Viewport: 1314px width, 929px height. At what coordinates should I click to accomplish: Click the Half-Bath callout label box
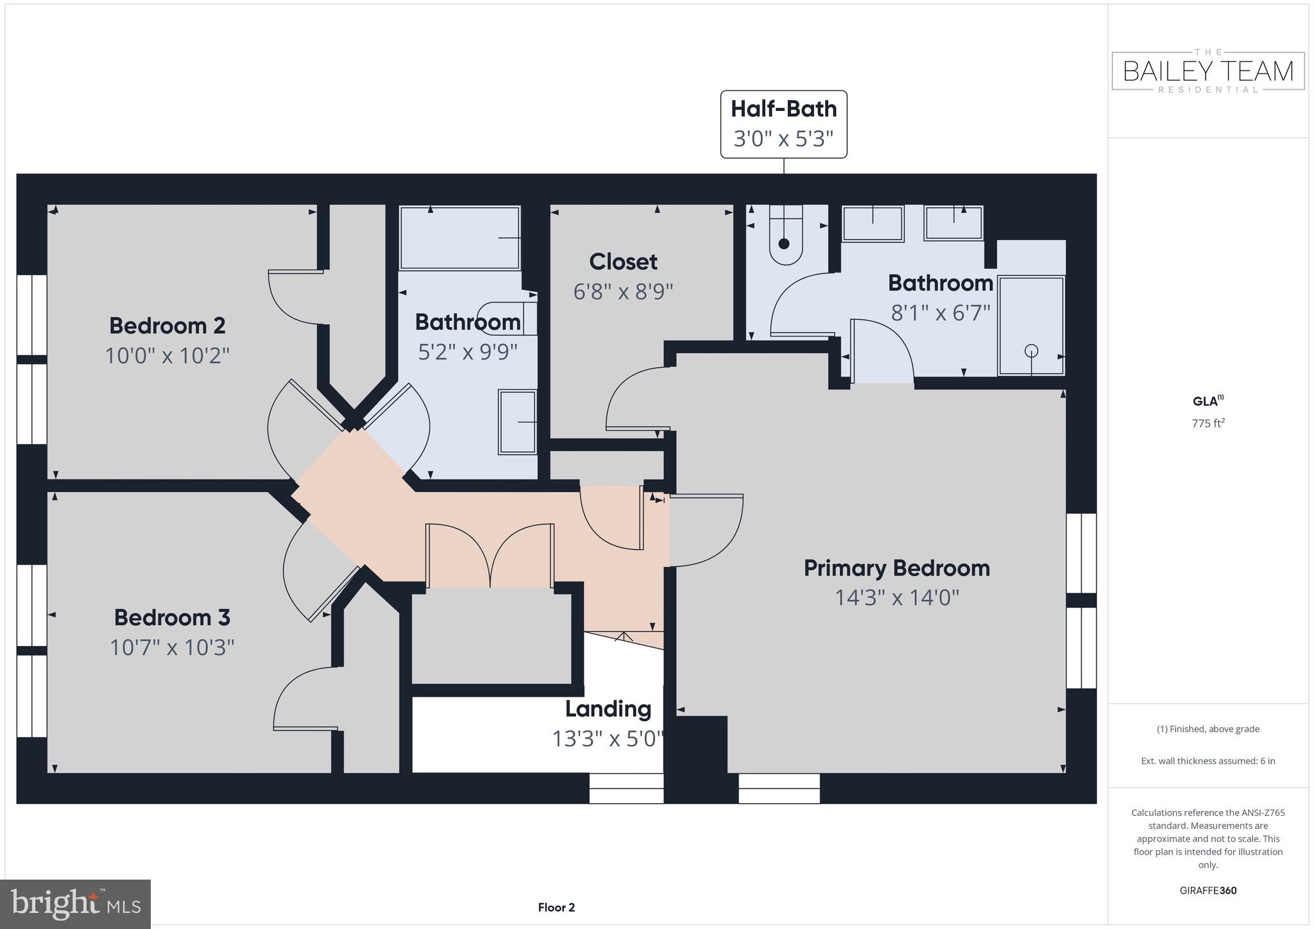pyautogui.click(x=783, y=124)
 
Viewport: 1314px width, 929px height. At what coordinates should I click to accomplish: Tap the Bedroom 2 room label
pyautogui.click(x=167, y=326)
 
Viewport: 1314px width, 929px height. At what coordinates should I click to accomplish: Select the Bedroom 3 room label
pyautogui.click(x=172, y=618)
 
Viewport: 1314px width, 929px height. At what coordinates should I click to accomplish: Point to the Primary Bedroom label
pyautogui.click(x=896, y=568)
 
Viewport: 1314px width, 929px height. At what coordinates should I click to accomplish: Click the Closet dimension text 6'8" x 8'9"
pyautogui.click(x=623, y=292)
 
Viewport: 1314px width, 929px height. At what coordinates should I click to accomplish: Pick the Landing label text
pyautogui.click(x=608, y=709)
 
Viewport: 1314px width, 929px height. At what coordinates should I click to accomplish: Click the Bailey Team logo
pyautogui.click(x=1208, y=71)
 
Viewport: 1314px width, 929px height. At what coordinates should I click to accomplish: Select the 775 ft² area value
pyautogui.click(x=1208, y=423)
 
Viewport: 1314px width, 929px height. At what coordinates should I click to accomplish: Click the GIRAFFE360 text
pyautogui.click(x=1208, y=891)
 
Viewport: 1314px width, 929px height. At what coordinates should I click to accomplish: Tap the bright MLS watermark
pyautogui.click(x=76, y=904)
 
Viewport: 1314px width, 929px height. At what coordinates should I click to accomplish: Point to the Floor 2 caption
pyautogui.click(x=556, y=907)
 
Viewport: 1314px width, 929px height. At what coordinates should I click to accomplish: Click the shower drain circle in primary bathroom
pyautogui.click(x=1031, y=350)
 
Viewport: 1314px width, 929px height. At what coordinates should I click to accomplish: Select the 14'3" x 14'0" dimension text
pyautogui.click(x=896, y=598)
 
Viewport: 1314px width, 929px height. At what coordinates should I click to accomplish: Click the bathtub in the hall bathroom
pyautogui.click(x=459, y=237)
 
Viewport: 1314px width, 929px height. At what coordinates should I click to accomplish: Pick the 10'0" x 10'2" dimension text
pyautogui.click(x=167, y=355)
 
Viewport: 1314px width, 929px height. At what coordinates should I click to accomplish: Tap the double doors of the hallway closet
pyautogui.click(x=490, y=556)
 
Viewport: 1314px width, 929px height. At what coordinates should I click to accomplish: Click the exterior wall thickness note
pyautogui.click(x=1208, y=761)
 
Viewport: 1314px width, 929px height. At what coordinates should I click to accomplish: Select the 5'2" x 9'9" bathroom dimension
pyautogui.click(x=468, y=352)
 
